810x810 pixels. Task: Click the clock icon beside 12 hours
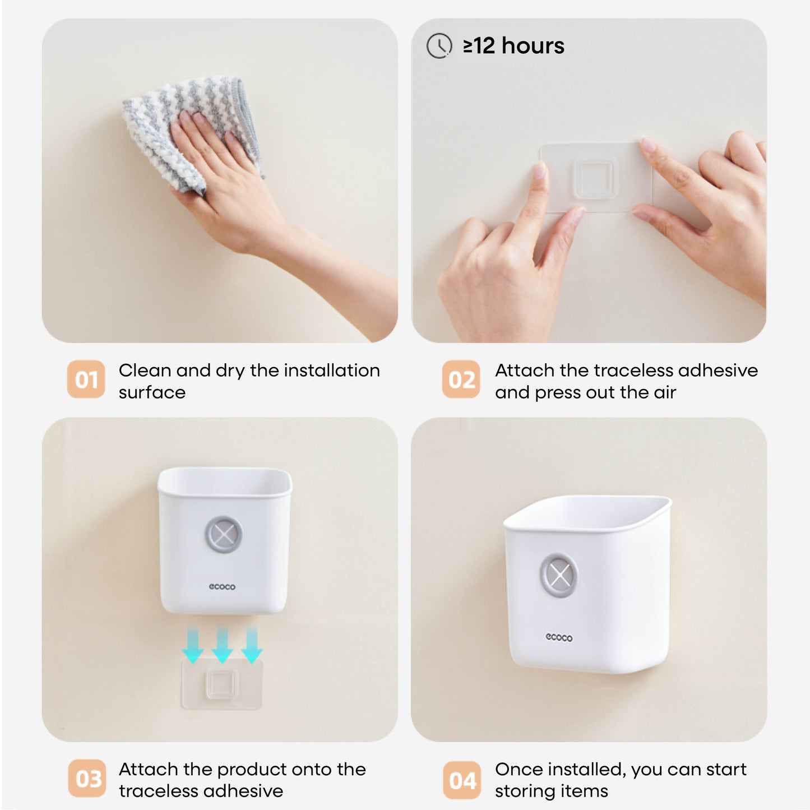(439, 45)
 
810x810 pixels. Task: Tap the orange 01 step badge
(86, 379)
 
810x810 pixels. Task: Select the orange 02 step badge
(461, 379)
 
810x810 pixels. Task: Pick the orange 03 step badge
(87, 779)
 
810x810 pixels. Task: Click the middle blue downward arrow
(222, 646)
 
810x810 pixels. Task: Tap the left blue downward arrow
(192, 646)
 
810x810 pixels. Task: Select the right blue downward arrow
(251, 646)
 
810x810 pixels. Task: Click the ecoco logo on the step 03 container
(222, 586)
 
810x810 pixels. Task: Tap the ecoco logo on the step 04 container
(559, 637)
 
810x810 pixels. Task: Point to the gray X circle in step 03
(224, 534)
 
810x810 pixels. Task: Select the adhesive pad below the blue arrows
(221, 684)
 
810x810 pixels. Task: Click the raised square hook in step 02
(594, 178)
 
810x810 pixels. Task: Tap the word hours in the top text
(533, 45)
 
